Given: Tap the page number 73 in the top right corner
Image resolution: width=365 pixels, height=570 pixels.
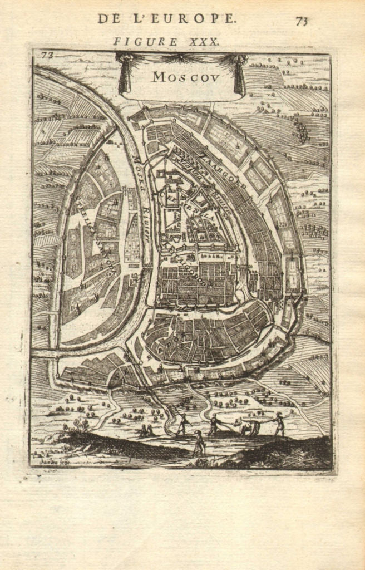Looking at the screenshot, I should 302,21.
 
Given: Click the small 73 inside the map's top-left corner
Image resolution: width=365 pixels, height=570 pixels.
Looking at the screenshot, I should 46,55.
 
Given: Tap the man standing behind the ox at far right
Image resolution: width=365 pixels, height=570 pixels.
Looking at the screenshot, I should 279,424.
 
